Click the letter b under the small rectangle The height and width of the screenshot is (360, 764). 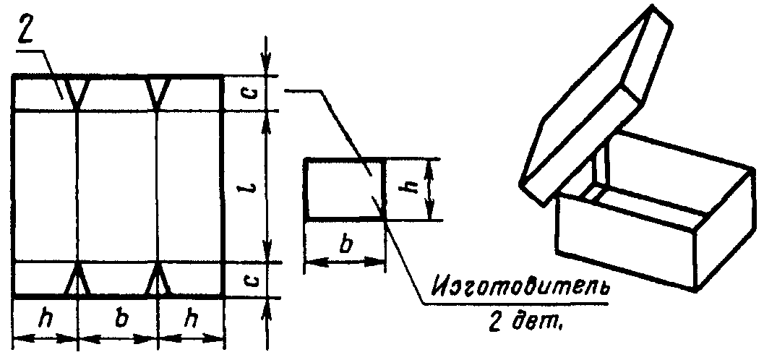coord(345,244)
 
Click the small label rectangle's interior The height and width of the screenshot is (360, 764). coord(340,188)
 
